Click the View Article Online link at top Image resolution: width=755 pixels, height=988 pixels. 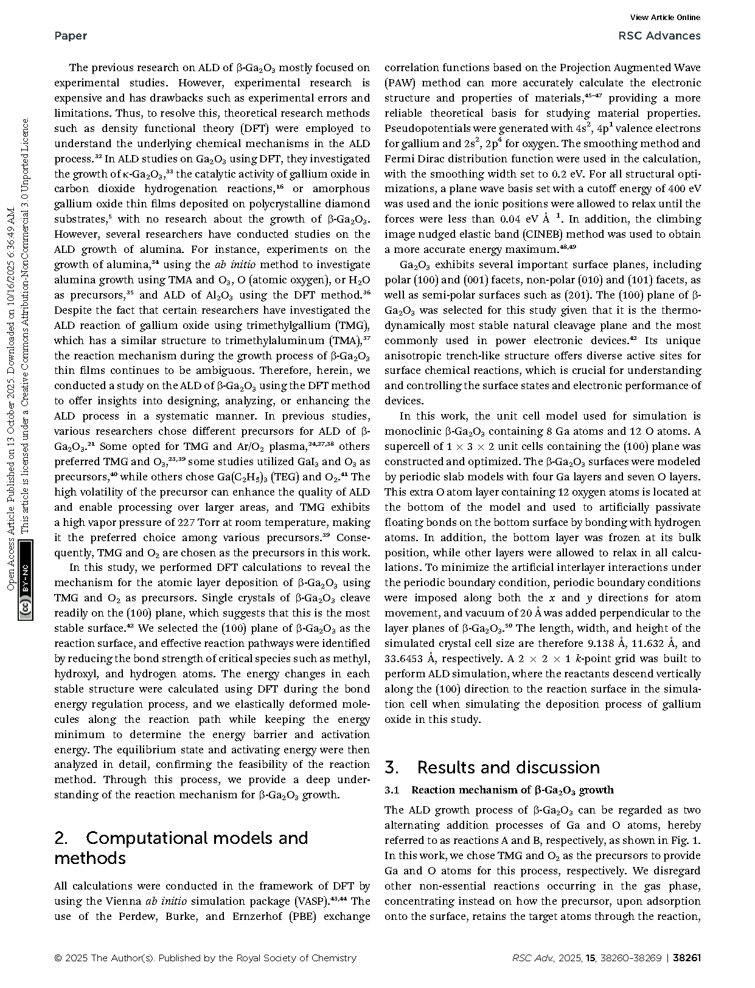click(x=665, y=18)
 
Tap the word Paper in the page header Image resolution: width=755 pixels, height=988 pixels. click(x=71, y=36)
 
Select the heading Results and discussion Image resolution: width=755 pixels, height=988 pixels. click(x=508, y=767)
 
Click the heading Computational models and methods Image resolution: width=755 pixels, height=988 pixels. click(x=181, y=848)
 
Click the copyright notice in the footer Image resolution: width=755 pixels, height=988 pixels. click(x=205, y=958)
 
